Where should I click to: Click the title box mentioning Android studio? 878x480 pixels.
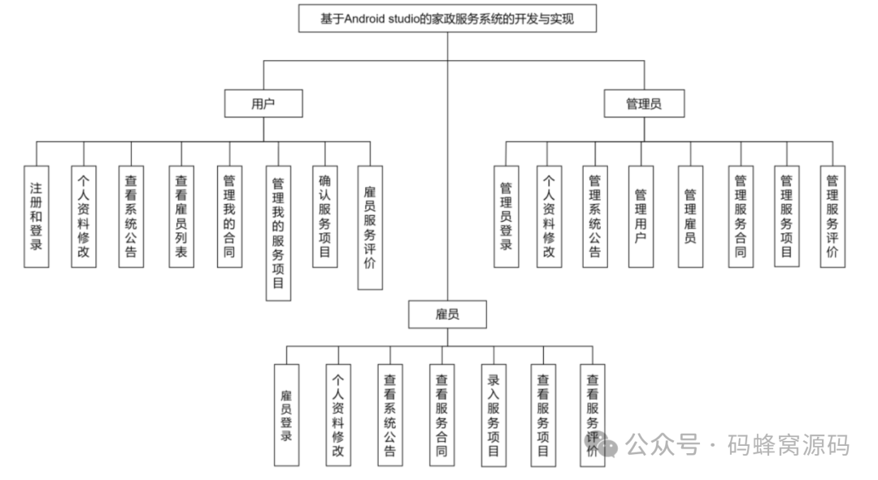pyautogui.click(x=447, y=19)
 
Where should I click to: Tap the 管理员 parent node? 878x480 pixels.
pyautogui.click(x=644, y=104)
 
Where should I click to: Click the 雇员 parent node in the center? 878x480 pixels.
pyautogui.click(x=447, y=314)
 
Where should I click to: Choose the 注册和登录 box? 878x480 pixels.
pyautogui.click(x=36, y=216)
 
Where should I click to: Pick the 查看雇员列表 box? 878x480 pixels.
pyautogui.click(x=181, y=216)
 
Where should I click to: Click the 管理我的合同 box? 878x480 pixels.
pyautogui.click(x=229, y=216)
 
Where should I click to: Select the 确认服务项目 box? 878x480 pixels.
pyautogui.click(x=325, y=216)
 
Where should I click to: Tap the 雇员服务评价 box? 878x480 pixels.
pyautogui.click(x=370, y=227)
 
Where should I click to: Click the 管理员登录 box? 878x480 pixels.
pyautogui.click(x=506, y=216)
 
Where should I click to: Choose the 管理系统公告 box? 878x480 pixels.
pyautogui.click(x=594, y=216)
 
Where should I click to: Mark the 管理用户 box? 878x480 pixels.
pyautogui.click(x=641, y=216)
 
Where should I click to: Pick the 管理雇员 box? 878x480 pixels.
pyautogui.click(x=690, y=216)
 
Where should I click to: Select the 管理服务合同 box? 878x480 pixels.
pyautogui.click(x=741, y=216)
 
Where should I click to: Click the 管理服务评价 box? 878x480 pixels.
pyautogui.click(x=832, y=216)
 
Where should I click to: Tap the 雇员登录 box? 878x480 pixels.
pyautogui.click(x=286, y=415)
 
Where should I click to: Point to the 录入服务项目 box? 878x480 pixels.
pyautogui.click(x=493, y=415)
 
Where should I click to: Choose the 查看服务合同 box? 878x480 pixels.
pyautogui.click(x=441, y=415)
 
